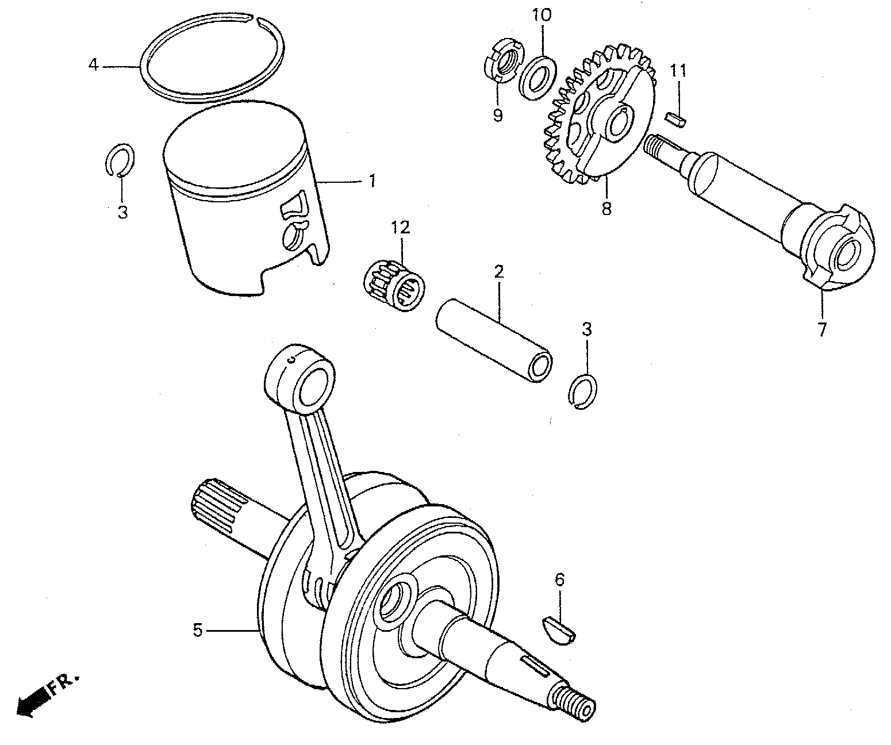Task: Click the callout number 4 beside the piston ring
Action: pos(93,64)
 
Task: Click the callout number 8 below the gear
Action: pos(606,208)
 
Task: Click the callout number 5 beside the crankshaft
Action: pos(198,631)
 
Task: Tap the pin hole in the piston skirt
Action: pos(294,236)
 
